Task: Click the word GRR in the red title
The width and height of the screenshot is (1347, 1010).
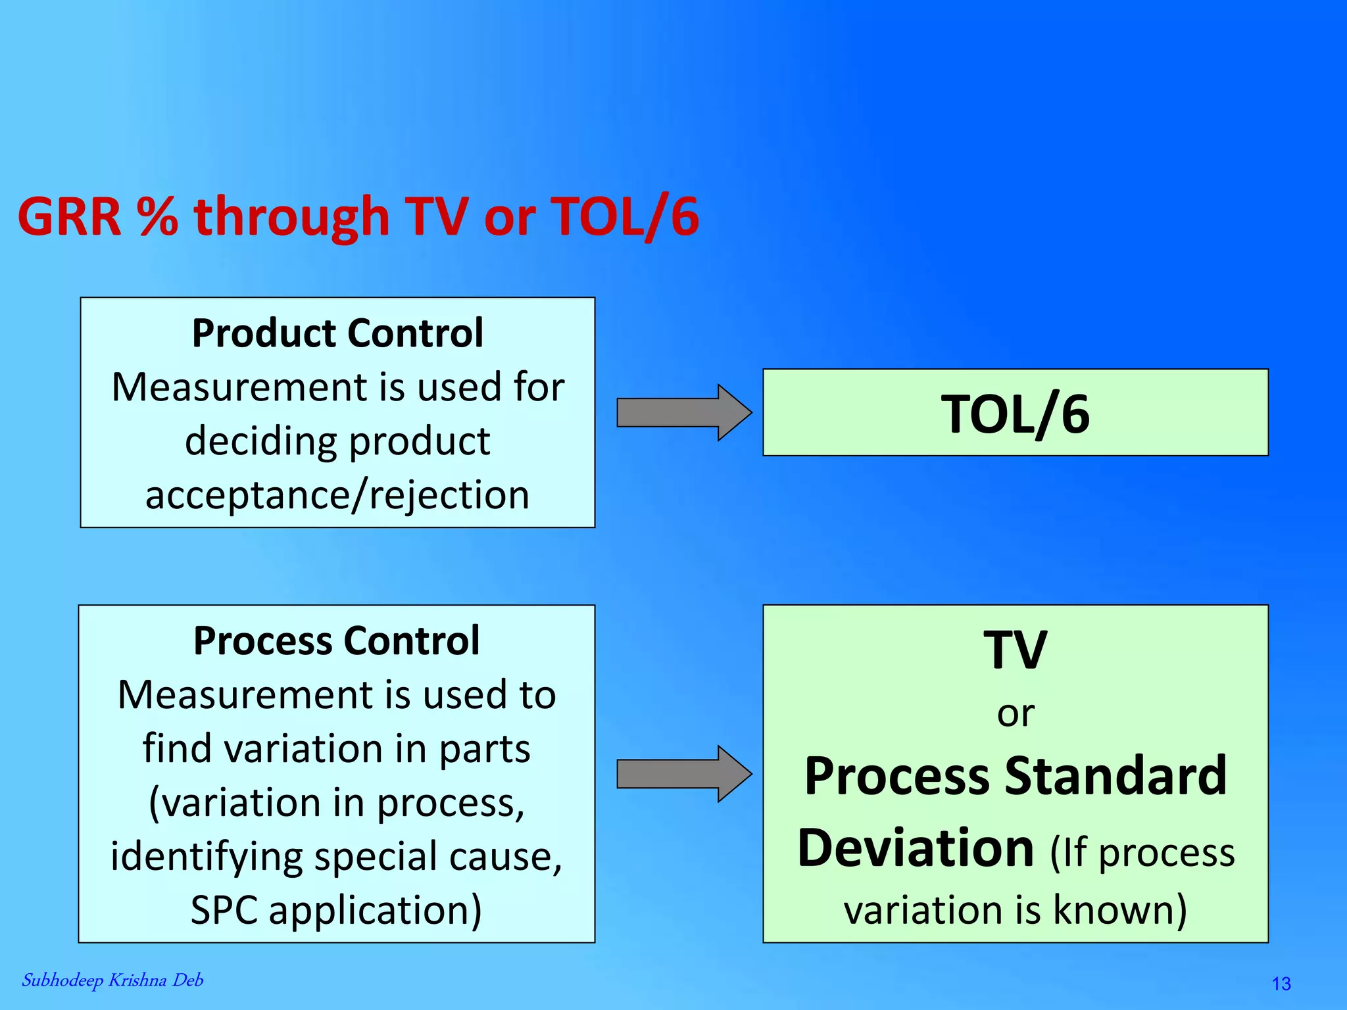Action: click(70, 216)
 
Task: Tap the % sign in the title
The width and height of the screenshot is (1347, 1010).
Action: click(157, 216)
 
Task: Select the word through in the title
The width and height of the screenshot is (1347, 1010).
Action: click(291, 216)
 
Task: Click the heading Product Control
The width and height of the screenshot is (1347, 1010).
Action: click(337, 333)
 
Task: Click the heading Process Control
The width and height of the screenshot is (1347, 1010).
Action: click(337, 640)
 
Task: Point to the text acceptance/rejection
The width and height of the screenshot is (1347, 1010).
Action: click(337, 494)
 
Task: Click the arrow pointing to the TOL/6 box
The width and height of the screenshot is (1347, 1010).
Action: click(683, 412)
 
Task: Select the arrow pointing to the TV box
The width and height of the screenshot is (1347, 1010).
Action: click(683, 774)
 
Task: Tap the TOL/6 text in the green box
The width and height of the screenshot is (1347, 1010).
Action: click(1015, 414)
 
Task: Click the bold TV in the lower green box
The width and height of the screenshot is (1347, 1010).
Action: click(1015, 650)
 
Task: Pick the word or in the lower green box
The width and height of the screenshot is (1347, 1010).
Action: click(1016, 713)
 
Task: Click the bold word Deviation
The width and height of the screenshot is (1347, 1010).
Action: click(916, 848)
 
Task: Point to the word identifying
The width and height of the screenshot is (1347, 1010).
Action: click(207, 856)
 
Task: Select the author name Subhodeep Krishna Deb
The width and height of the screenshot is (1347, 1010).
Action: click(112, 980)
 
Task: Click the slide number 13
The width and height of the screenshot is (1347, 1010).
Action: click(1281, 984)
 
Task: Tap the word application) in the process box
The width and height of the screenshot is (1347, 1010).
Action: click(375, 910)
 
